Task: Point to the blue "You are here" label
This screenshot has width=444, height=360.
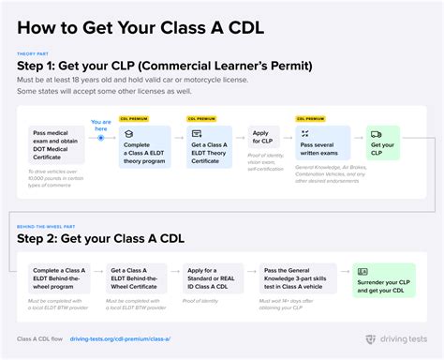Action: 100,124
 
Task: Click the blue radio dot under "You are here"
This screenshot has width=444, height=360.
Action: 101,138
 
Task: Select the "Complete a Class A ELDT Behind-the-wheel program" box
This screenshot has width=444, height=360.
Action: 58,278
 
